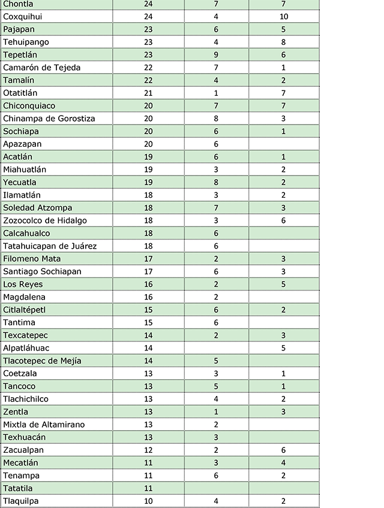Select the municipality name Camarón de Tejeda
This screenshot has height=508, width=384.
(41, 67)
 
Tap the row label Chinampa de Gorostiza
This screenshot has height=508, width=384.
(49, 118)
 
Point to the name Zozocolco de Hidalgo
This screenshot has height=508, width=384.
(45, 220)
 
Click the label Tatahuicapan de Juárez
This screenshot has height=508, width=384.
(50, 246)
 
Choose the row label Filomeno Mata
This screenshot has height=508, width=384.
(32, 259)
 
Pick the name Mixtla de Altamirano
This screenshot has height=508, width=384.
(44, 424)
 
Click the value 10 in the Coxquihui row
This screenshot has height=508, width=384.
(284, 16)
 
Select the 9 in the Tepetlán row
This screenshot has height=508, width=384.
(216, 55)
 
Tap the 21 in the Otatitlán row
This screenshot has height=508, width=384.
(149, 93)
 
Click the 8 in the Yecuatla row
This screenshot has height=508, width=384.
(216, 182)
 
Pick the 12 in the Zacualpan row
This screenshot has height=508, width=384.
(149, 450)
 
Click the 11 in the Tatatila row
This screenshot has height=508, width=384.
(149, 488)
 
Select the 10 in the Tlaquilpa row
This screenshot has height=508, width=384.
(149, 501)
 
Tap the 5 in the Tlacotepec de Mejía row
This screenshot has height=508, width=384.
(216, 361)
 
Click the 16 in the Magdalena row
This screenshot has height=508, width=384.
(149, 297)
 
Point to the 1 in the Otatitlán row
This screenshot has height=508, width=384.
(216, 93)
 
